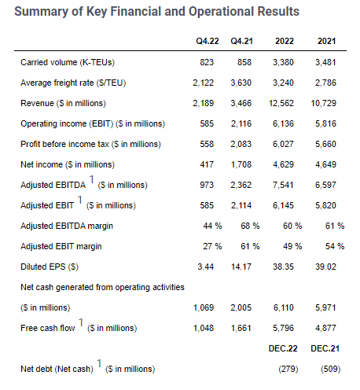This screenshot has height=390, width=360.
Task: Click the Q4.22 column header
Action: click(208, 41)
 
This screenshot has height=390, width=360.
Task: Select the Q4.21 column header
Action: click(241, 41)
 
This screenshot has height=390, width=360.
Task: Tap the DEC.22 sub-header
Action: click(283, 348)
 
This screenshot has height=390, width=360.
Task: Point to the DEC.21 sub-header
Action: click(325, 348)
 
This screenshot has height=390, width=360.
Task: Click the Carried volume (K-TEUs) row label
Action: click(68, 62)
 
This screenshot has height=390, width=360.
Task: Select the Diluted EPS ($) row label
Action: click(50, 267)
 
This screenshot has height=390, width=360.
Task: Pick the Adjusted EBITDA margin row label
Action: click(67, 226)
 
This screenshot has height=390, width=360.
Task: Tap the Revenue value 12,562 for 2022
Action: click(281, 103)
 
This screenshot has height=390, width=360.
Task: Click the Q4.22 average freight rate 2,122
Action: click(204, 83)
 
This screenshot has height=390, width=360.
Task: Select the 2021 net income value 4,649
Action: click(325, 164)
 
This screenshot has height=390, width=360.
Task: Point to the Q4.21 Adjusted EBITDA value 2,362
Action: click(241, 185)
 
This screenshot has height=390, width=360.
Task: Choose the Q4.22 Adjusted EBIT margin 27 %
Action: click(212, 246)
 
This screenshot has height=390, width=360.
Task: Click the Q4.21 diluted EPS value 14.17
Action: click(241, 267)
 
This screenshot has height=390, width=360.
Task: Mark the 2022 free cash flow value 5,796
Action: click(283, 328)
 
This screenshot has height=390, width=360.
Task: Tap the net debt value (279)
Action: click(288, 369)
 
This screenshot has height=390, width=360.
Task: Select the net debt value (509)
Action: click(331, 369)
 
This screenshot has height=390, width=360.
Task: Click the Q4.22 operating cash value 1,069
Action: click(204, 307)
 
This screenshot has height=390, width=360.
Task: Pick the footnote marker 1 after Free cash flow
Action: click(81, 322)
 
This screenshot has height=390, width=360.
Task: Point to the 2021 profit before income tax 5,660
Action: click(325, 144)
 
